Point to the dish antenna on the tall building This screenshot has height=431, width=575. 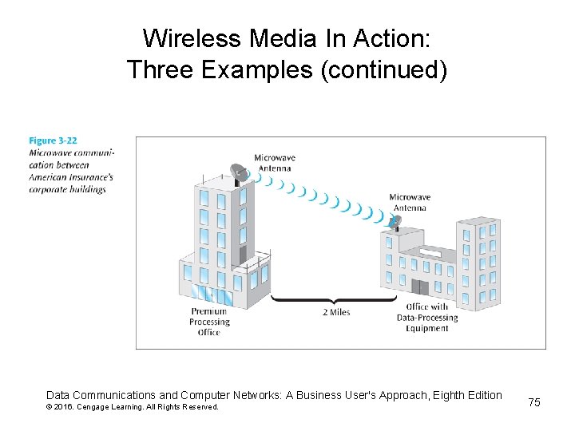pyautogui.click(x=239, y=171)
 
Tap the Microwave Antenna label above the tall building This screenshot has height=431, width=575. pyautogui.click(x=275, y=162)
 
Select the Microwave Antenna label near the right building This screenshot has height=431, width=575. pyautogui.click(x=410, y=203)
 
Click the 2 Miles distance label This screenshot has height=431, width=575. pyautogui.click(x=335, y=312)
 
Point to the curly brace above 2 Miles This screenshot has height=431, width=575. pyautogui.click(x=334, y=299)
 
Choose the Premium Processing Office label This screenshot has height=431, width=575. pyautogui.click(x=209, y=322)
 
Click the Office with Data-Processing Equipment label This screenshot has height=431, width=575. pyautogui.click(x=426, y=317)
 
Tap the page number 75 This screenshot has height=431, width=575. pyautogui.click(x=533, y=402)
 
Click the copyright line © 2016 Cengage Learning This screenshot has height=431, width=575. pyautogui.click(x=132, y=407)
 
